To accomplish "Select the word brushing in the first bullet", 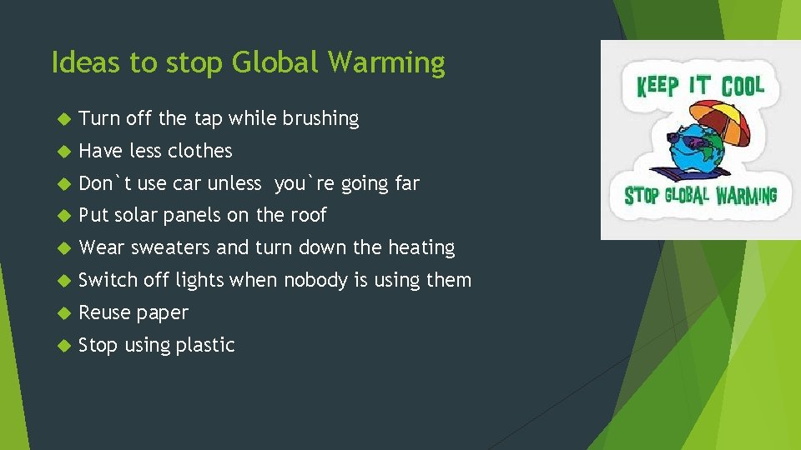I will pyautogui.click(x=320, y=119).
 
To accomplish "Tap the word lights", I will pyautogui.click(x=199, y=280).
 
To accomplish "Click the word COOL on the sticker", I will pyautogui.click(x=743, y=86).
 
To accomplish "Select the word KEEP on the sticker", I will pyautogui.click(x=657, y=86).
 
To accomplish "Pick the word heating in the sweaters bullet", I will pyautogui.click(x=421, y=248).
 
